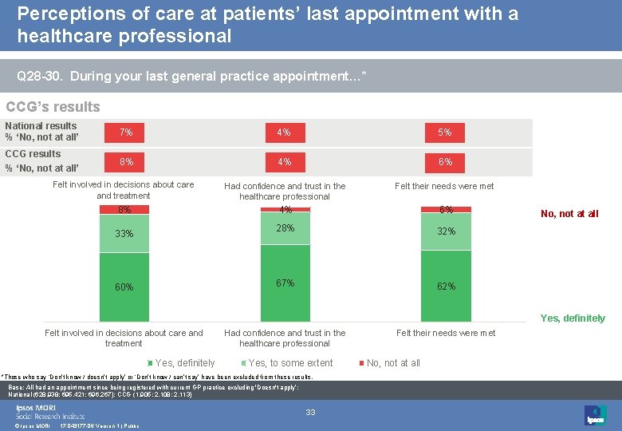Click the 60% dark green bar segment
tap(124, 287)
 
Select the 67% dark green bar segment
tap(285, 283)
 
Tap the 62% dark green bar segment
tap(446, 286)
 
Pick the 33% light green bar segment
tap(124, 234)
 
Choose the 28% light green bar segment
tap(285, 229)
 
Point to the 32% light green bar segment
tap(446, 231)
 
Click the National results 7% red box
tap(126, 132)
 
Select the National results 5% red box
tap(445, 132)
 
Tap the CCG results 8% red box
tap(126, 161)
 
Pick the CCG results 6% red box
tap(445, 161)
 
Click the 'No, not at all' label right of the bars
tap(569, 214)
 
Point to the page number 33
tap(311, 412)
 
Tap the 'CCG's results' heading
tap(53, 107)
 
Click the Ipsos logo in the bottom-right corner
tap(594, 414)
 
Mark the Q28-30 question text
tap(191, 77)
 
